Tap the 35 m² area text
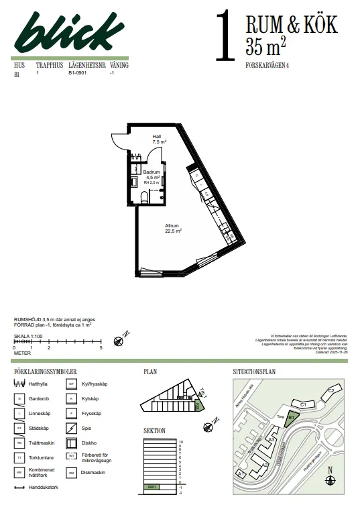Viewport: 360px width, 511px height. (267, 47)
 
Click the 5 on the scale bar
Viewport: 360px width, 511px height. (101, 349)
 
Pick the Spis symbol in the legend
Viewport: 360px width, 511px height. (70, 427)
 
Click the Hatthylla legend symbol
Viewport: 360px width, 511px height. (21, 384)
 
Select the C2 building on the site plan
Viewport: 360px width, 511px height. (331, 392)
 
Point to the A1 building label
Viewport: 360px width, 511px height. (241, 473)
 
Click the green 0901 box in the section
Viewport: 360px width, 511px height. (152, 486)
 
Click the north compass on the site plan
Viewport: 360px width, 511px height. (331, 481)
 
